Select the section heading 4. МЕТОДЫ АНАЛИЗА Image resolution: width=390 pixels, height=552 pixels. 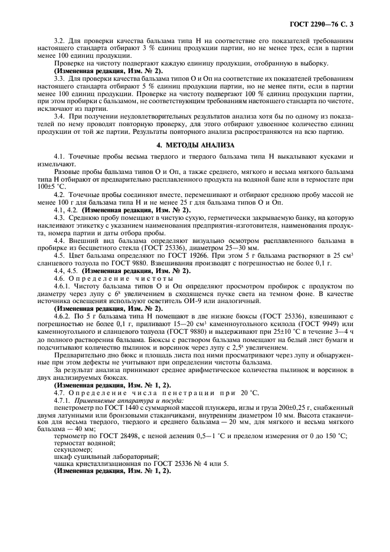pos(195,145)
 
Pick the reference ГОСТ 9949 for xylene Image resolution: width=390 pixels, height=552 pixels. pos(317,323)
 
